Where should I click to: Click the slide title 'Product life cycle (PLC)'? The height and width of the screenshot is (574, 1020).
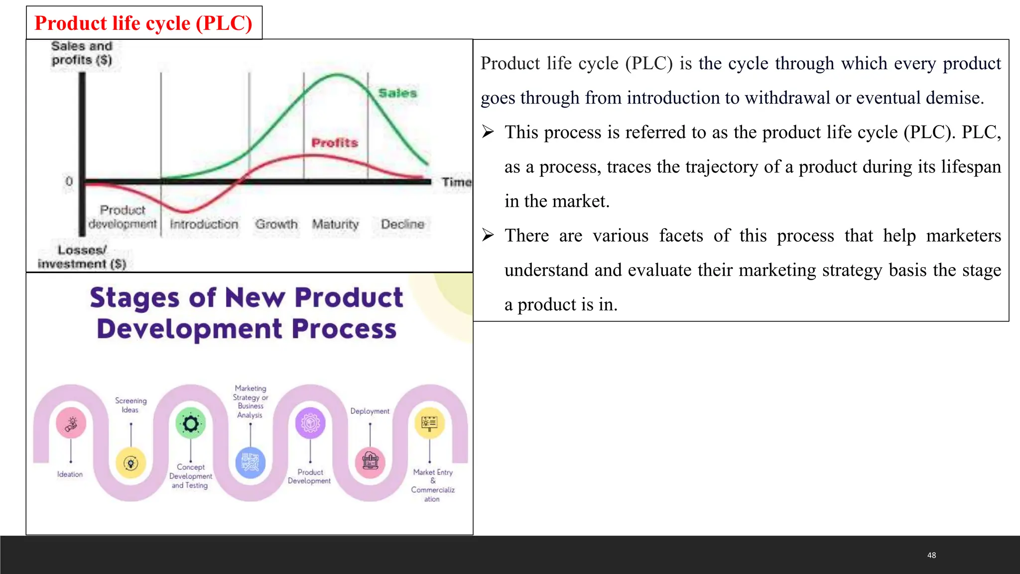pos(143,23)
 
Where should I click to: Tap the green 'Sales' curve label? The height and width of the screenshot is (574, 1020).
pos(397,93)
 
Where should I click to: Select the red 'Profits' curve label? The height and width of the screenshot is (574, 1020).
pos(335,143)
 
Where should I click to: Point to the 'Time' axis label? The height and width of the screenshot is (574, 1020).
pos(456,182)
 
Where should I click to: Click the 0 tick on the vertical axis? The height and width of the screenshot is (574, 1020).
pos(69,181)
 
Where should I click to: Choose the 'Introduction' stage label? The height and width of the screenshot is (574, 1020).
pos(204,224)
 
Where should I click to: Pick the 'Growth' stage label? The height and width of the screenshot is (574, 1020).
pos(276,224)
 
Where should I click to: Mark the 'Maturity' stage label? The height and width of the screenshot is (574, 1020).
pos(335,224)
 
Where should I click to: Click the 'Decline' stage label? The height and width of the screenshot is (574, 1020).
pos(402,224)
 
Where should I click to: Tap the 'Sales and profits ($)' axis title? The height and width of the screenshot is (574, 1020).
pos(82,53)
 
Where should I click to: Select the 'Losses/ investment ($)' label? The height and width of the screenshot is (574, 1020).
pos(82,257)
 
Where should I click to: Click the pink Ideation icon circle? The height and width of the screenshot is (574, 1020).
pos(71,423)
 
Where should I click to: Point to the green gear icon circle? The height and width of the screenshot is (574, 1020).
pos(191,424)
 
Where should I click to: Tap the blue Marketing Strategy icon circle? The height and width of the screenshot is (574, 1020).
pos(251,462)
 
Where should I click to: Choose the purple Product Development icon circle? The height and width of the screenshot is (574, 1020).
pos(310,423)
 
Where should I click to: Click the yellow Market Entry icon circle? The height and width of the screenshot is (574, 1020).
pos(429,423)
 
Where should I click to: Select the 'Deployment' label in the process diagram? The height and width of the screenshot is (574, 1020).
pos(370,411)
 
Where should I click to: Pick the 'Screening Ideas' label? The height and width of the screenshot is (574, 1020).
pos(130,405)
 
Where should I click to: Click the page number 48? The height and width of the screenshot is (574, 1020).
pos(931,555)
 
